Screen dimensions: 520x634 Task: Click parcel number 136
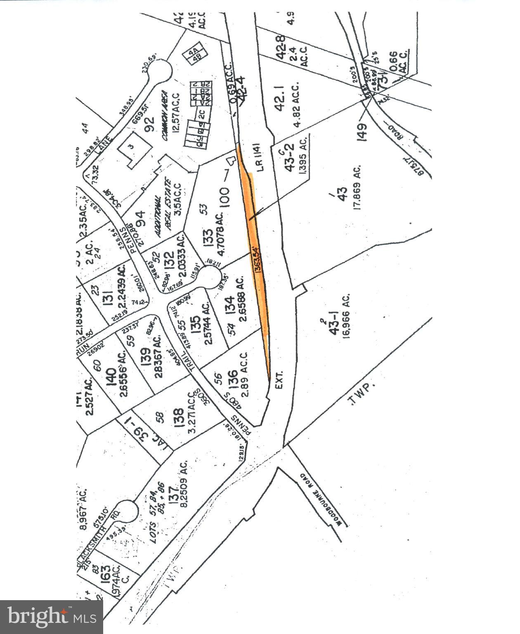(233, 379)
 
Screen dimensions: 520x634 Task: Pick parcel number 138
(179, 418)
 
